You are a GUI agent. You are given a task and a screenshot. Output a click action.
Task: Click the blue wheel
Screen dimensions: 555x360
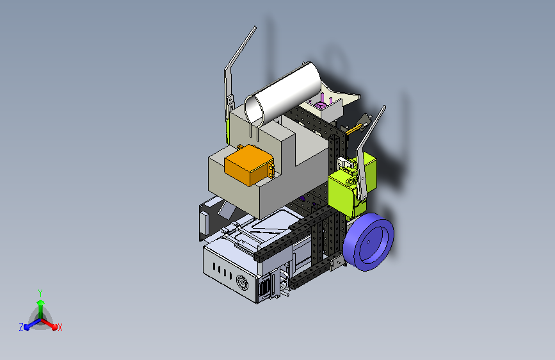[368, 242]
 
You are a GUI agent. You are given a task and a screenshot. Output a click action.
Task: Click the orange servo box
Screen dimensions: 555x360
[248, 165]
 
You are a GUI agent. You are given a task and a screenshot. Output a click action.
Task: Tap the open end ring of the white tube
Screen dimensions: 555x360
[254, 110]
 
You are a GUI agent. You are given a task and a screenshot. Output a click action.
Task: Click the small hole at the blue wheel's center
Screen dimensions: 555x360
[368, 242]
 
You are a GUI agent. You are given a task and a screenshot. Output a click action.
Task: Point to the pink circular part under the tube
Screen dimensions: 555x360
[320, 105]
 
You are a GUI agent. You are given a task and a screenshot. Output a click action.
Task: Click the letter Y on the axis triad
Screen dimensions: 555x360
[40, 293]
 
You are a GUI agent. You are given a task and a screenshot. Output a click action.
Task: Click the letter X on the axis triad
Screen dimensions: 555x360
[60, 328]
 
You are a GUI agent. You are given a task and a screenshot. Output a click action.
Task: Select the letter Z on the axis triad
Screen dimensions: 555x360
[21, 327]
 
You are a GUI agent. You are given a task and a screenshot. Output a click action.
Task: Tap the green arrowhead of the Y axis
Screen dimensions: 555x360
[40, 303]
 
